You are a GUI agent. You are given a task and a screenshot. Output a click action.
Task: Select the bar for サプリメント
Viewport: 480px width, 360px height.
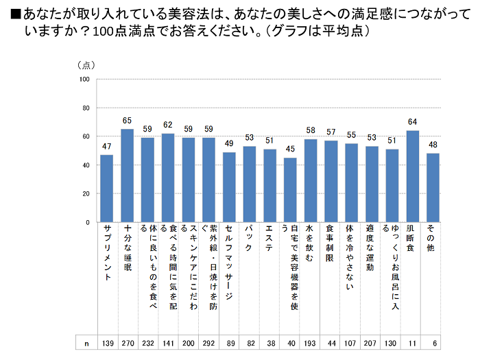106,189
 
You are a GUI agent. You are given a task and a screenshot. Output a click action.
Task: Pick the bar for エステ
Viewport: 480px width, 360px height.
269,186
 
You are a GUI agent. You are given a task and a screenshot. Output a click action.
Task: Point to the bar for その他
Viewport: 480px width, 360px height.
433,188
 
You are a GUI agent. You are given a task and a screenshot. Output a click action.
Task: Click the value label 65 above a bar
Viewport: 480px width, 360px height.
127,121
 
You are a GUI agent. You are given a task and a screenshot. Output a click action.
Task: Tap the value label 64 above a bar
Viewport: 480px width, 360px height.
412,123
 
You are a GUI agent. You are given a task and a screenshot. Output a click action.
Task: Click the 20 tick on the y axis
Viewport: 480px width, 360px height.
86,194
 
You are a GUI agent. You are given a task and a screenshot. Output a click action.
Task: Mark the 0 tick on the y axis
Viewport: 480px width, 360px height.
88,223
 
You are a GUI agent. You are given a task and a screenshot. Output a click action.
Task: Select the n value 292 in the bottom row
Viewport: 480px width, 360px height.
208,343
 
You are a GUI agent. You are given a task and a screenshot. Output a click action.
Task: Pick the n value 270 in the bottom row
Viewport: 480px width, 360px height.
127,343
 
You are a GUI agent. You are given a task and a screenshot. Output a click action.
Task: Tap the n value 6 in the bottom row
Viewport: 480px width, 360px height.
433,343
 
